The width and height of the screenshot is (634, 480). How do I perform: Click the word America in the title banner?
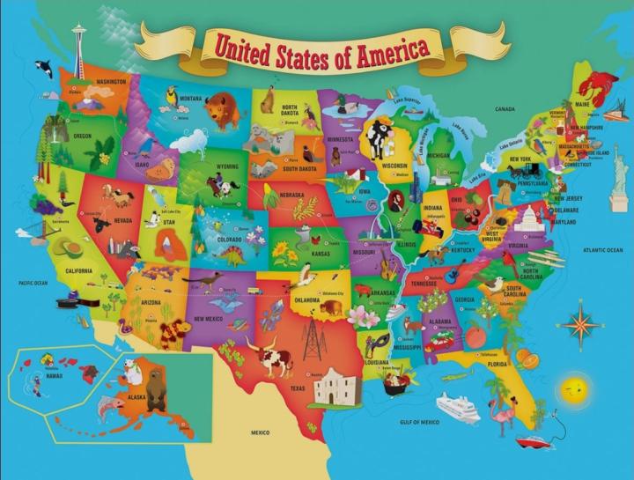pyautogui.click(x=380, y=48)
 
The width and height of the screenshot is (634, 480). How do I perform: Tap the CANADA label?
pyautogui.click(x=505, y=109)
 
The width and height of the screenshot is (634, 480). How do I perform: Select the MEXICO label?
pyautogui.click(x=260, y=433)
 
